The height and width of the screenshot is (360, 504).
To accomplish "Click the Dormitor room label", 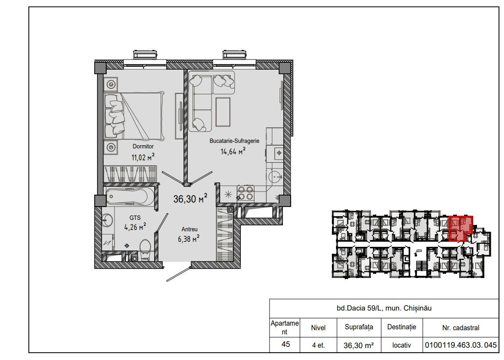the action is click(143, 147).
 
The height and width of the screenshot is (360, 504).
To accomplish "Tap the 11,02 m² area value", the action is click(143, 157).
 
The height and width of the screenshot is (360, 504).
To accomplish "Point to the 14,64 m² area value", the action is click(233, 151).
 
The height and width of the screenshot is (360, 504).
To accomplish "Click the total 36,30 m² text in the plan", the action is click(190, 199).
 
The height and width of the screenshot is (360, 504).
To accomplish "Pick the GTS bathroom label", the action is click(135, 218).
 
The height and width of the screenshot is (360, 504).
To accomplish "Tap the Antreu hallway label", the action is click(190, 229).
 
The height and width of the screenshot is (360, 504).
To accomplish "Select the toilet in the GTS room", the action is click(145, 250).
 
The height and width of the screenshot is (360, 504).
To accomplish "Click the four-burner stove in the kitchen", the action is click(245, 193).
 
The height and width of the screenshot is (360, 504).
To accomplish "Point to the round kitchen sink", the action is click(274, 177).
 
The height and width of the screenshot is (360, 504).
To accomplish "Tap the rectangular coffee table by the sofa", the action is click(223, 112).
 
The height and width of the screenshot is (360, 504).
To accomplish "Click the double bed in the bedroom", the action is click(134, 115).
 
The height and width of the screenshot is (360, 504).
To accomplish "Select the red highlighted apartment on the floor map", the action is click(460, 229).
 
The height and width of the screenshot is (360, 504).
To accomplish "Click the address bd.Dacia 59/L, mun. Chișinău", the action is click(384, 308).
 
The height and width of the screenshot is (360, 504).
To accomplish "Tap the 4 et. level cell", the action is click(318, 345).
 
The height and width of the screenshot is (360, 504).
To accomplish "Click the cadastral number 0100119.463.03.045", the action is click(461, 345).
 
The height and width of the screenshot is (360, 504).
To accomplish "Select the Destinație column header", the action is click(401, 327).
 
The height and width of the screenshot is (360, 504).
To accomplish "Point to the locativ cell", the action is click(401, 345).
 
